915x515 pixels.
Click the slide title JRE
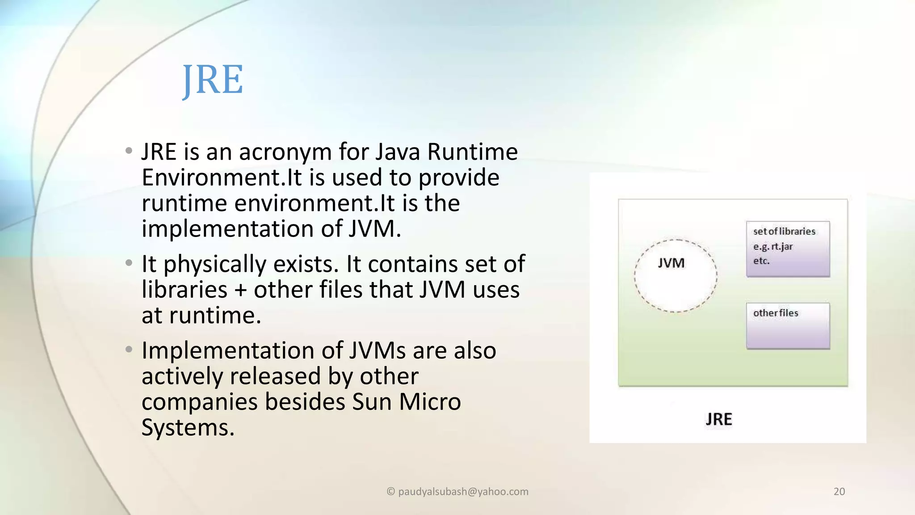point(213,80)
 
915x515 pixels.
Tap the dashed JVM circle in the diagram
point(676,276)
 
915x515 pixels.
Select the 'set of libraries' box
point(788,249)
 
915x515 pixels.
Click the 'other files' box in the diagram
point(788,326)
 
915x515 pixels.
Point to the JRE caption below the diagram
point(719,419)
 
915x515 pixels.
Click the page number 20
point(839,492)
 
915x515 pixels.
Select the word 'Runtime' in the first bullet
point(472,152)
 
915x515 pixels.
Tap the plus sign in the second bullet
point(240,290)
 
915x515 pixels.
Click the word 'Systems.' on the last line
point(188,428)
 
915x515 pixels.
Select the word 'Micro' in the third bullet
point(430,402)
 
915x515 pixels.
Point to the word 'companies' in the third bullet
point(200,402)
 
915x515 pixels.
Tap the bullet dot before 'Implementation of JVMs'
point(129,350)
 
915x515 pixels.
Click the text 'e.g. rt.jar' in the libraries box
point(773,246)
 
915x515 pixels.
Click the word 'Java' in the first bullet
point(398,152)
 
